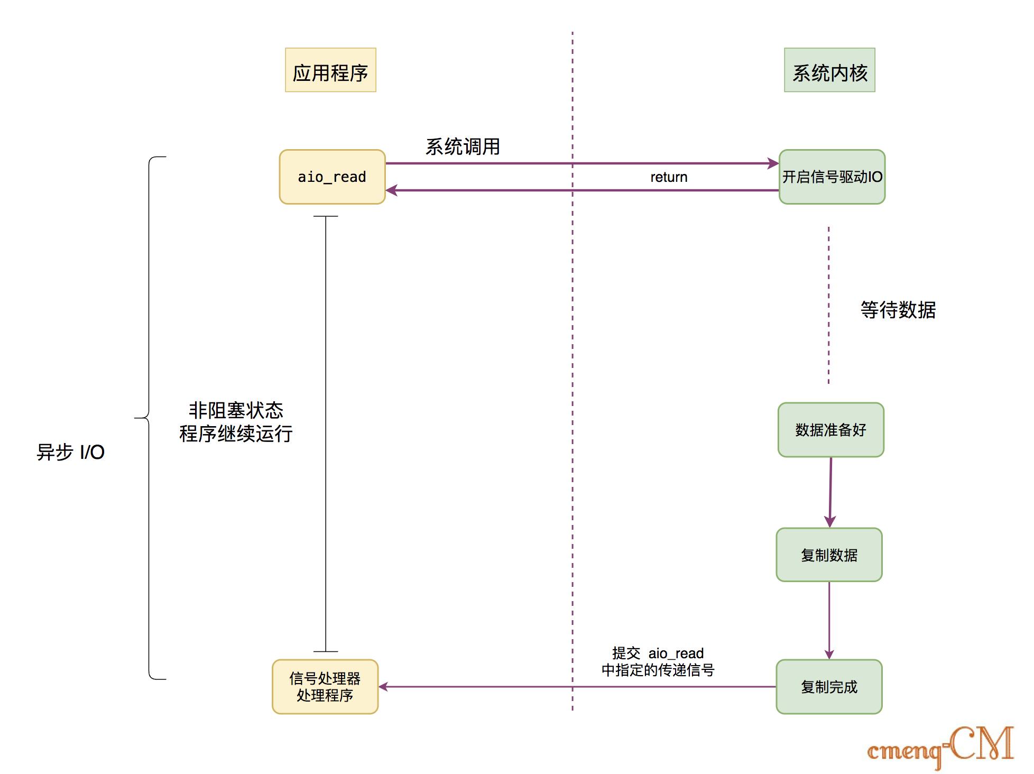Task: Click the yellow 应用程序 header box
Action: [x=330, y=70]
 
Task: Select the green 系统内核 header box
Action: [x=829, y=70]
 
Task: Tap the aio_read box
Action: [x=332, y=177]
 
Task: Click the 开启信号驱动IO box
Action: [x=832, y=177]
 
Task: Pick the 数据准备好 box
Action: [x=830, y=430]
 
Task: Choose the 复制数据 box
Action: [x=829, y=555]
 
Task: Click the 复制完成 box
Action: [x=829, y=686]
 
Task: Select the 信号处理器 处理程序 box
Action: [x=325, y=686]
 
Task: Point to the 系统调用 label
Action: [x=463, y=146]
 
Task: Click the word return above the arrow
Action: [x=669, y=177]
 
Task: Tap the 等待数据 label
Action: [x=898, y=310]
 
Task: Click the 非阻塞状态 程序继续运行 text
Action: [x=236, y=422]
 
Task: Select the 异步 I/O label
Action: [x=70, y=452]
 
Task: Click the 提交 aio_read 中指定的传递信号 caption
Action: [x=658, y=661]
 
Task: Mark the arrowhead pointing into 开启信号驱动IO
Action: [x=773, y=163]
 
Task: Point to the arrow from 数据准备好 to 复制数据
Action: [x=830, y=492]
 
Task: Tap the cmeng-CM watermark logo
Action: [x=940, y=747]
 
